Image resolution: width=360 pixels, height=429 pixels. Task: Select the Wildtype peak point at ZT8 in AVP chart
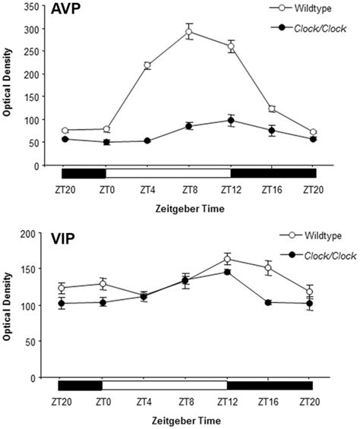point(188,32)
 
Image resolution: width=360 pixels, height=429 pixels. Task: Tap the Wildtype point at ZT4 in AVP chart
point(147,66)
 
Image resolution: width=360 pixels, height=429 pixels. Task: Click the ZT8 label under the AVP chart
point(188,191)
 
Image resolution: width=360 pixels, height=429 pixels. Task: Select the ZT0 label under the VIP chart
point(103,401)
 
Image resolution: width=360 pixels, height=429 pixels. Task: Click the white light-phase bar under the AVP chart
point(168,173)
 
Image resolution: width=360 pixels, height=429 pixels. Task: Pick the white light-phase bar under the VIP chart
point(165,385)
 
